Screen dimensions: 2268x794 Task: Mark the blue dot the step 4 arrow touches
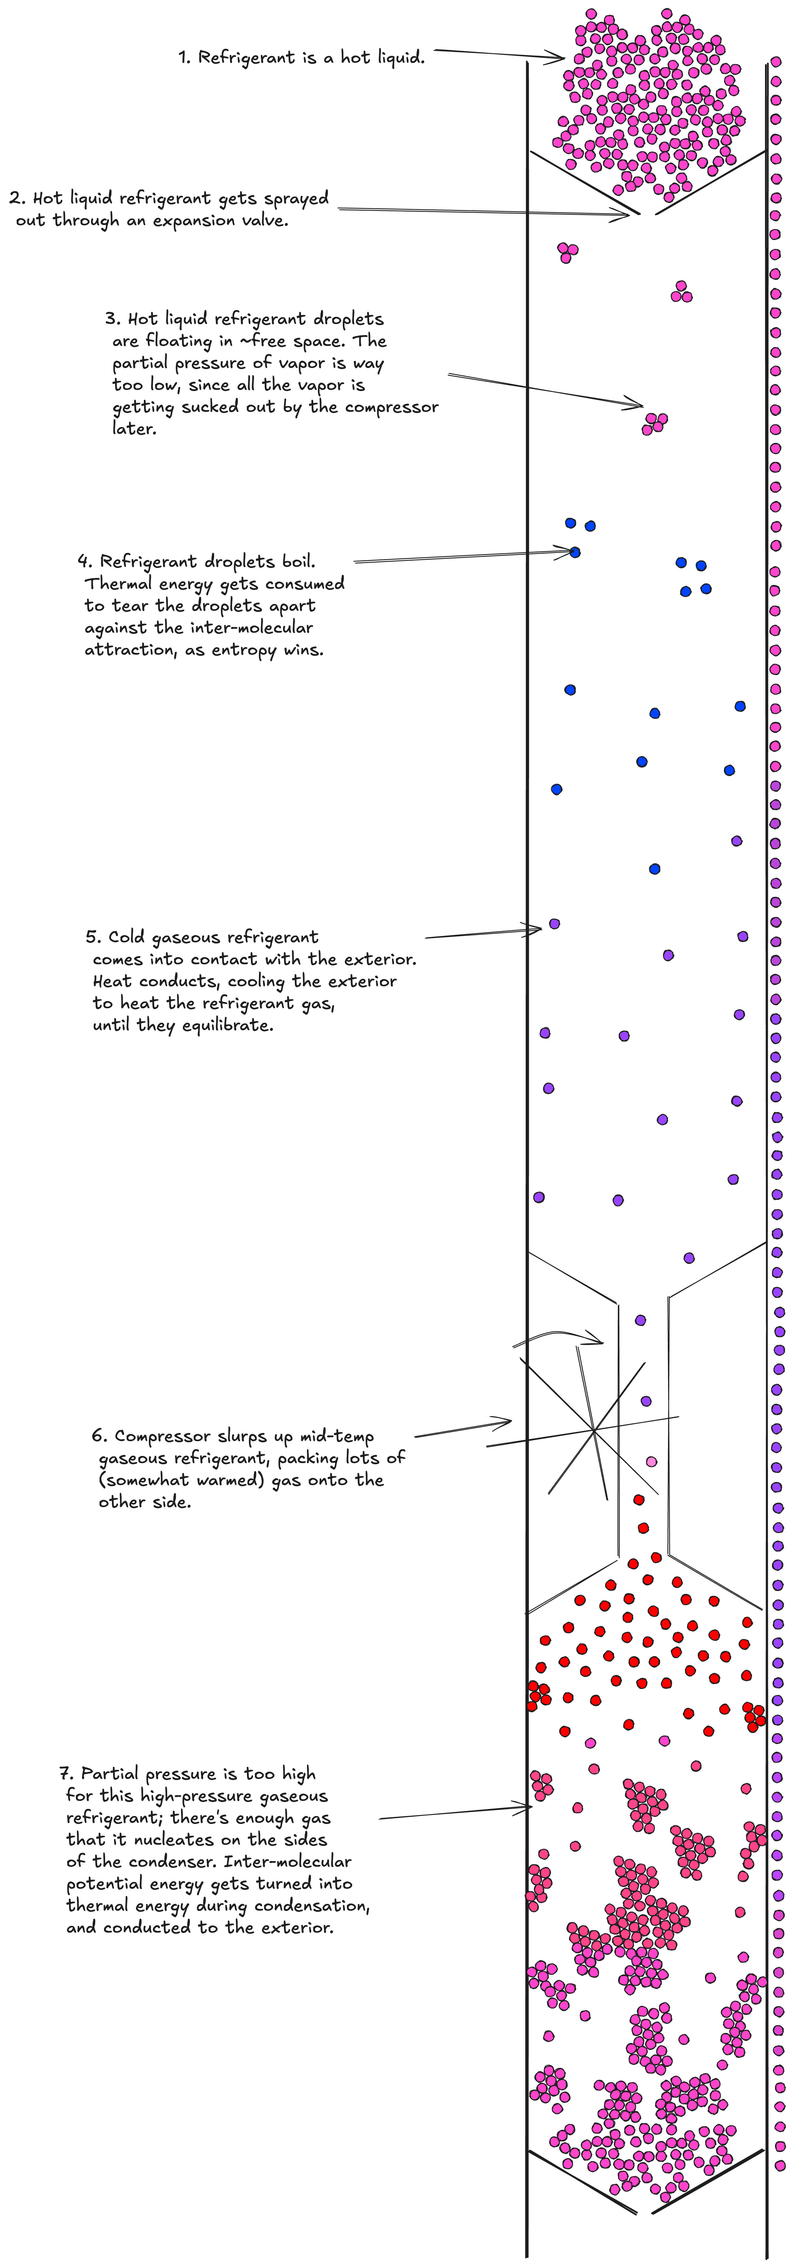[x=575, y=552]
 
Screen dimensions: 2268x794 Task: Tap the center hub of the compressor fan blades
[x=594, y=1431]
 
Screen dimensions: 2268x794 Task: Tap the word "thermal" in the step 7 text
[x=96, y=1906]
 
